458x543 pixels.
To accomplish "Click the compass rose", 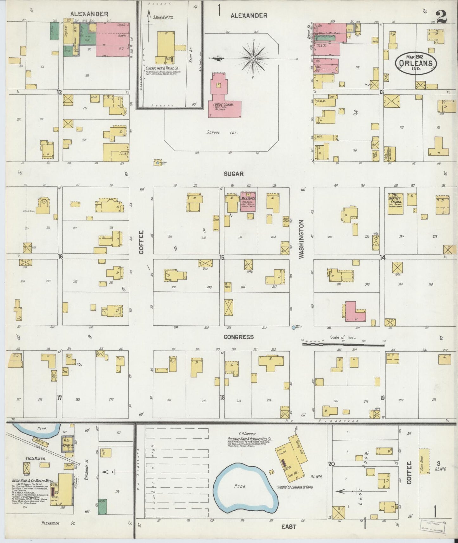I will point(254,59).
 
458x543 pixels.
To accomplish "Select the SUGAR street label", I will point(234,174).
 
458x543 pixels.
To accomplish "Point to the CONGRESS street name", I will point(239,337).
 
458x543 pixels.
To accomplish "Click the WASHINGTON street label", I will point(301,239).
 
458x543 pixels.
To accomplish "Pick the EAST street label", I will point(288,526).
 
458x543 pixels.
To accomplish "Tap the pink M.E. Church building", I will point(248,201).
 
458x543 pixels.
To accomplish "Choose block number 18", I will point(222,397).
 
